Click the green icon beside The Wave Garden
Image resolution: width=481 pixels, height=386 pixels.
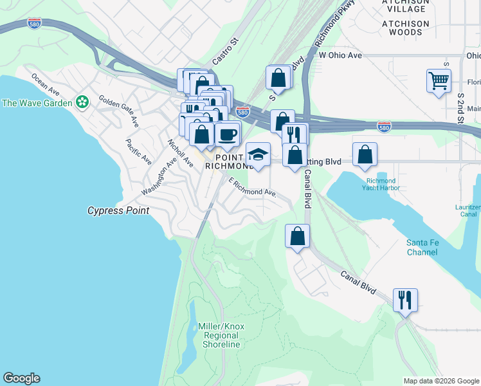(82, 102)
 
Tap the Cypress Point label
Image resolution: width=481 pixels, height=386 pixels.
(118, 210)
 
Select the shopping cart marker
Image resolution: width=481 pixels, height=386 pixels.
(439, 81)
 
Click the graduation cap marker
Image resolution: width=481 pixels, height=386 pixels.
(258, 154)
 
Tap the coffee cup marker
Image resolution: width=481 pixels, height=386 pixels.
(228, 134)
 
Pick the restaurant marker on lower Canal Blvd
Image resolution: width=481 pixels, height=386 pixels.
(405, 300)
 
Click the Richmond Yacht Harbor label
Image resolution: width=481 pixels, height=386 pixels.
(383, 185)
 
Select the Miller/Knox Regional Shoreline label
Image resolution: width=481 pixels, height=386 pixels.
(221, 335)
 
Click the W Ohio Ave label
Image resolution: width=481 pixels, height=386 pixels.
(340, 55)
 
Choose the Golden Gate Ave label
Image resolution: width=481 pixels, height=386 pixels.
(118, 110)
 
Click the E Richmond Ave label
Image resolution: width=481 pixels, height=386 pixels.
(252, 187)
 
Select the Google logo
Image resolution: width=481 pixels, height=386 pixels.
(21, 378)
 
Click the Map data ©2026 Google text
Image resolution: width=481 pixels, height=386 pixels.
(440, 381)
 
